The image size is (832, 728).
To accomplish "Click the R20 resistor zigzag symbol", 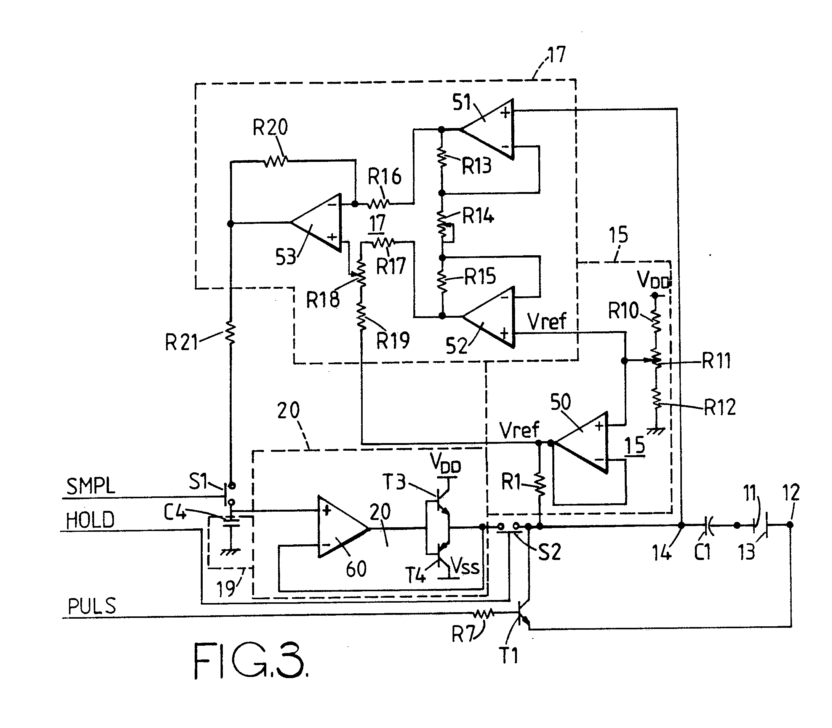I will [276, 161].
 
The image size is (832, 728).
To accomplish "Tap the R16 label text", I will [384, 177].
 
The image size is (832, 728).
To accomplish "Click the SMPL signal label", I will [91, 486].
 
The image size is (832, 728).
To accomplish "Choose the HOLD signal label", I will [90, 520].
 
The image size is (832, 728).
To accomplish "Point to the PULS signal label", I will [92, 606].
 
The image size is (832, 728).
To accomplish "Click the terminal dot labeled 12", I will [790, 525].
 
